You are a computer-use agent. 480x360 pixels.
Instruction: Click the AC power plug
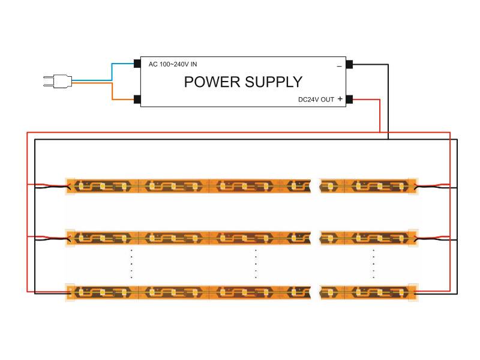[x=57, y=80]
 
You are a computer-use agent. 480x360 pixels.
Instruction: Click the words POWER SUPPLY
[x=243, y=82]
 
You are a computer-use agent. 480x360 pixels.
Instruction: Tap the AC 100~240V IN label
[x=172, y=64]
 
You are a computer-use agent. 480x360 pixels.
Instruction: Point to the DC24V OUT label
[x=316, y=100]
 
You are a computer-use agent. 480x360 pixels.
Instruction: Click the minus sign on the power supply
[x=339, y=65]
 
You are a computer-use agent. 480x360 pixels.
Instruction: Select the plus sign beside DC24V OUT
[x=340, y=100]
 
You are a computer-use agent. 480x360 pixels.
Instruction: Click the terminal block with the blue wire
[x=137, y=63]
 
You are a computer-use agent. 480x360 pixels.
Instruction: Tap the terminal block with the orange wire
[x=137, y=100]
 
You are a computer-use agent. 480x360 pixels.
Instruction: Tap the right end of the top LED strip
[x=413, y=186]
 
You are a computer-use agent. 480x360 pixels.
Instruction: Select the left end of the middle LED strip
[x=70, y=238]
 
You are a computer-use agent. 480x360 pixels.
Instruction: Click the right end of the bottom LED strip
[x=413, y=292]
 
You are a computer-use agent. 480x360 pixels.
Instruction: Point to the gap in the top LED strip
[x=316, y=186]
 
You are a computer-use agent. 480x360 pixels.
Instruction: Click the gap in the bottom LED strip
[x=316, y=292]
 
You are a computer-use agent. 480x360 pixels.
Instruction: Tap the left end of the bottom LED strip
[x=70, y=292]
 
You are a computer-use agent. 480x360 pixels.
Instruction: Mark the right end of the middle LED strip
[x=413, y=238]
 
